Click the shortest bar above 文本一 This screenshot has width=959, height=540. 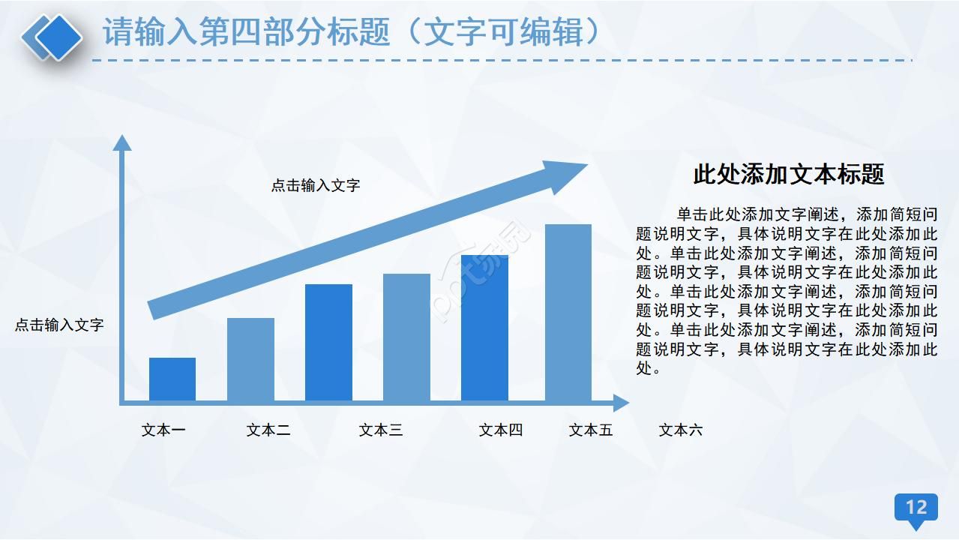point(172,379)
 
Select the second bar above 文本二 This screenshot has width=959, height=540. point(250,360)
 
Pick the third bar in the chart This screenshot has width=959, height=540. point(328,343)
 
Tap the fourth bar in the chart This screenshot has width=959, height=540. point(406,337)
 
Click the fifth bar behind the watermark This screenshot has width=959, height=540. point(484,328)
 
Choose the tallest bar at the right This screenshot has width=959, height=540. point(568,313)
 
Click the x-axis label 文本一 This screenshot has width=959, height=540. point(163,430)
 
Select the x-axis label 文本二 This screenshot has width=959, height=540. point(268,430)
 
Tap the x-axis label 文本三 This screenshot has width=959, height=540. point(381,430)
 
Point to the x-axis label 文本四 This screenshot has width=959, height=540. point(501,430)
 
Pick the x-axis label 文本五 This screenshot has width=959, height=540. point(591,430)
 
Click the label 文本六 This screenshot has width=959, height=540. point(681,430)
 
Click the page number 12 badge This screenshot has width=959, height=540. point(916,508)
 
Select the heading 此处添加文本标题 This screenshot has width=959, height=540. point(789,174)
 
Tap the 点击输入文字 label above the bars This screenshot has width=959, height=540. point(316,185)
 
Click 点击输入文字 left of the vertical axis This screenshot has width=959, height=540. point(59,325)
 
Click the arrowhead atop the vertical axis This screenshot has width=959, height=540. point(121,142)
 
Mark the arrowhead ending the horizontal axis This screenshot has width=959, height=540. point(622,403)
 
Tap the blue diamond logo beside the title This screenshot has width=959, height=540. point(52,36)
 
